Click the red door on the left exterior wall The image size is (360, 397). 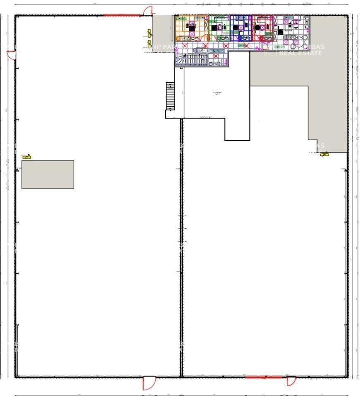click(x=12, y=55)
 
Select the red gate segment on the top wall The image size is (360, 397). click(x=122, y=16)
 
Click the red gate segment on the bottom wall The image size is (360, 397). click(x=264, y=377)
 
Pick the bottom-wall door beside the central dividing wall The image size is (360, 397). click(x=148, y=384)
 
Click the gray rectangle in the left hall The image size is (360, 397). click(x=48, y=175)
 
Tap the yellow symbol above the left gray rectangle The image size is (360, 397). click(x=27, y=156)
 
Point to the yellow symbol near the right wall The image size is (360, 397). click(x=324, y=154)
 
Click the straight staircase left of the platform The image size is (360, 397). click(x=170, y=96)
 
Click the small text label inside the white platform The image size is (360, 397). click(x=217, y=93)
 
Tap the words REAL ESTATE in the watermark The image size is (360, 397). click(x=300, y=53)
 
